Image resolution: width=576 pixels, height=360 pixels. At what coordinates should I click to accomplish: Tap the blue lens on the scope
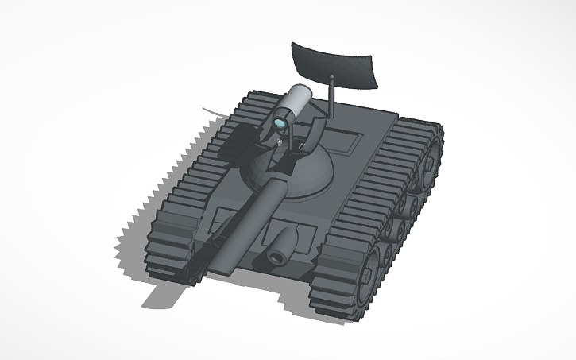tap(281, 124)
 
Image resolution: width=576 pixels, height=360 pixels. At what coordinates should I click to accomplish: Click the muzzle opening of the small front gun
tap(276, 257)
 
